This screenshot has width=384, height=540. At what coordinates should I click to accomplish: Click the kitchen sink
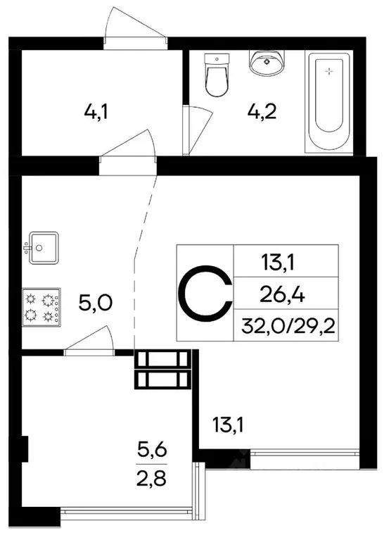(x=41, y=248)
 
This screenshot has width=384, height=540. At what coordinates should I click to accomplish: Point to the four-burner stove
(x=41, y=308)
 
